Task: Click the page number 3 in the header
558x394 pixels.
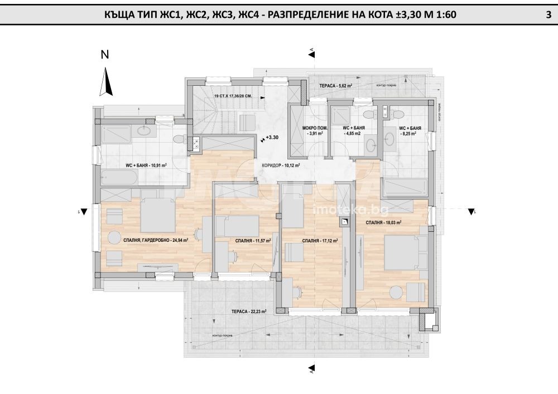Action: click(548, 16)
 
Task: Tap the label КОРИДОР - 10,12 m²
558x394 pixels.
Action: click(281, 166)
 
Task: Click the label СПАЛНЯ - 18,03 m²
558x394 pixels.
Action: click(384, 222)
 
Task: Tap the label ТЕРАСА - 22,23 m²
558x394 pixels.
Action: click(249, 312)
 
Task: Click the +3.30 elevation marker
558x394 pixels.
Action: click(271, 137)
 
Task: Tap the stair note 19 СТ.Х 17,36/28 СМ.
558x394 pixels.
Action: click(233, 96)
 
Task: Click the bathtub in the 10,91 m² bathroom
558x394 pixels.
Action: click(119, 178)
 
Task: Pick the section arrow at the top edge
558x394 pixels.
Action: click(311, 53)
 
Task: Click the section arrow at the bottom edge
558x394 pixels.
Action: click(311, 367)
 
